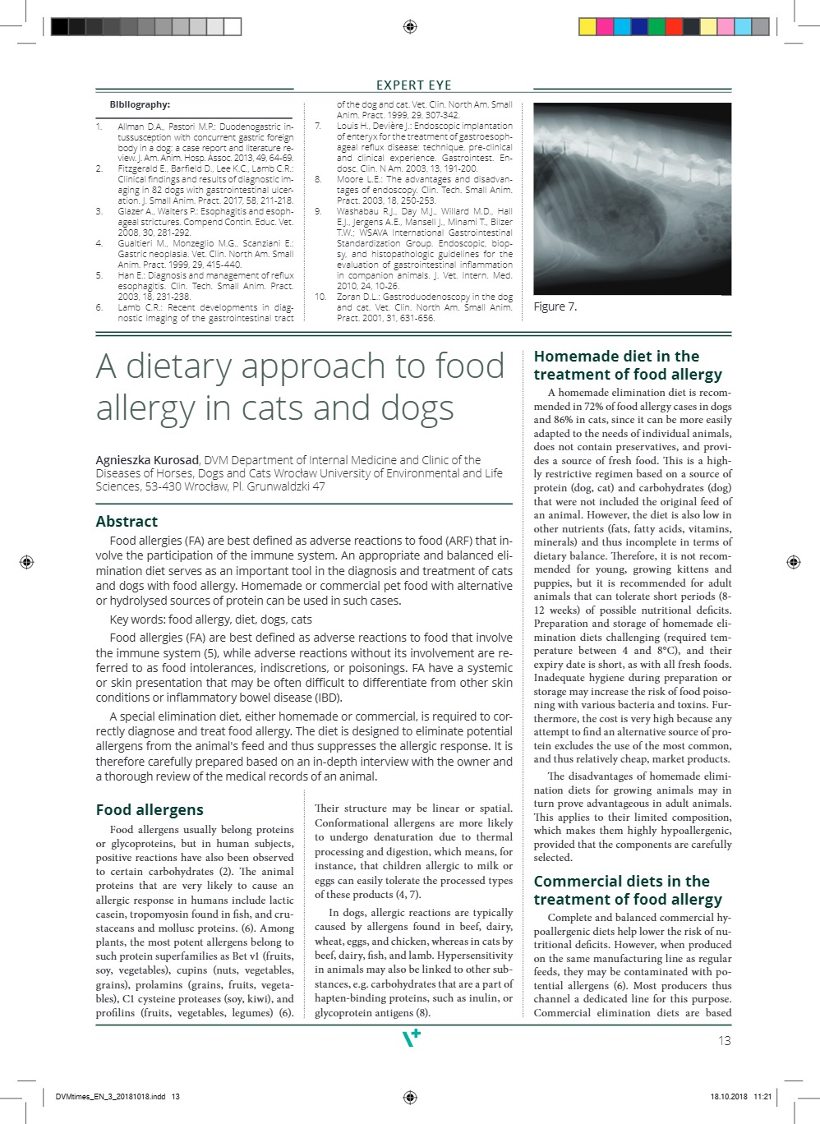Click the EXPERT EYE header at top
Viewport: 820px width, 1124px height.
413,85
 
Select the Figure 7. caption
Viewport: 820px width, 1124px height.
555,306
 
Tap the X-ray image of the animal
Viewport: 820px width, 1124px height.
631,198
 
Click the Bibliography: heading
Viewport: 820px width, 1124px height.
140,104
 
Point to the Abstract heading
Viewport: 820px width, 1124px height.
127,521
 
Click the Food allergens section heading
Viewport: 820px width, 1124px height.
150,809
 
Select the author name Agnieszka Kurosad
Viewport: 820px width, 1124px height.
147,460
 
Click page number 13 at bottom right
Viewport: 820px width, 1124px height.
724,1040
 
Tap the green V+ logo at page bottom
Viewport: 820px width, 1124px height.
411,1039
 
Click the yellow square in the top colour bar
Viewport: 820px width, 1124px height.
587,27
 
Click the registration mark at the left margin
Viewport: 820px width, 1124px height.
26,562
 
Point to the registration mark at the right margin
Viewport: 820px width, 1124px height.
793,562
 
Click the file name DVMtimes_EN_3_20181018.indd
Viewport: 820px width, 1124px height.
111,1097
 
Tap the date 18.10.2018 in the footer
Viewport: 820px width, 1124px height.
728,1097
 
